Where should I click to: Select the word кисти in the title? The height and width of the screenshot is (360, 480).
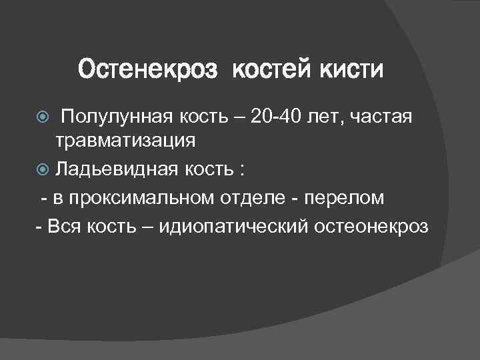[x=354, y=69]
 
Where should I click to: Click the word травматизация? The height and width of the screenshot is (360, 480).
[x=125, y=141]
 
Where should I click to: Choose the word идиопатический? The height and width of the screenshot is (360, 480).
[x=233, y=227]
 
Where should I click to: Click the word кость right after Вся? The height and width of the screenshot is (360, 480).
[x=110, y=227]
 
